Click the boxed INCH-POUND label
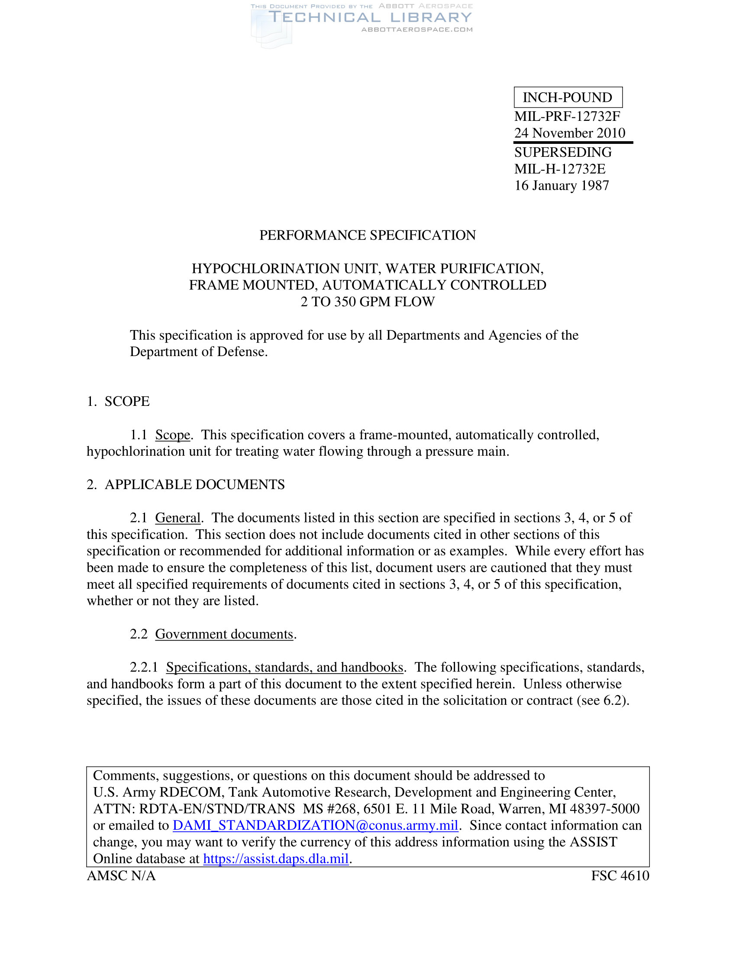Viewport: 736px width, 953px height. pyautogui.click(x=568, y=97)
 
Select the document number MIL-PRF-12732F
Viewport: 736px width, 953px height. pyautogui.click(x=567, y=117)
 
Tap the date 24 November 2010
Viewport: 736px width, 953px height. pyautogui.click(x=569, y=133)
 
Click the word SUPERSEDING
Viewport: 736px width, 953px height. pyautogui.click(x=563, y=152)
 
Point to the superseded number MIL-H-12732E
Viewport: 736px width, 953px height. pyautogui.click(x=560, y=169)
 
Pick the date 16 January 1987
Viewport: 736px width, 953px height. pyautogui.click(x=562, y=185)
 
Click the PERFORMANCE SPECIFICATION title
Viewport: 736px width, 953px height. pyautogui.click(x=368, y=235)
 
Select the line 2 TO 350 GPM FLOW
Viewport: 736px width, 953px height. pyautogui.click(x=368, y=301)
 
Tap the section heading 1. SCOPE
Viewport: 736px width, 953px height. pyautogui.click(x=118, y=402)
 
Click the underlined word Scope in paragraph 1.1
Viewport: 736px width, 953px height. pyautogui.click(x=173, y=435)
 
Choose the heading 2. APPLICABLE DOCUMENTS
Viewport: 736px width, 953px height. pyautogui.click(x=186, y=484)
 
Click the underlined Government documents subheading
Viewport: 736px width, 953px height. pyautogui.click(x=224, y=634)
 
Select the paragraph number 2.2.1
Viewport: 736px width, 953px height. pyautogui.click(x=143, y=667)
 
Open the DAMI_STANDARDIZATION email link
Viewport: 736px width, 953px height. pyautogui.click(x=315, y=825)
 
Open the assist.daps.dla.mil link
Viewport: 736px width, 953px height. pyautogui.click(x=276, y=858)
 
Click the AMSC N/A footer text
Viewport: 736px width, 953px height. pyautogui.click(x=121, y=876)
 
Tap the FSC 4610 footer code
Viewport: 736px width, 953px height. pyautogui.click(x=620, y=876)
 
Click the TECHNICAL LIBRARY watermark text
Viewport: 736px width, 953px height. pyautogui.click(x=370, y=17)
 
